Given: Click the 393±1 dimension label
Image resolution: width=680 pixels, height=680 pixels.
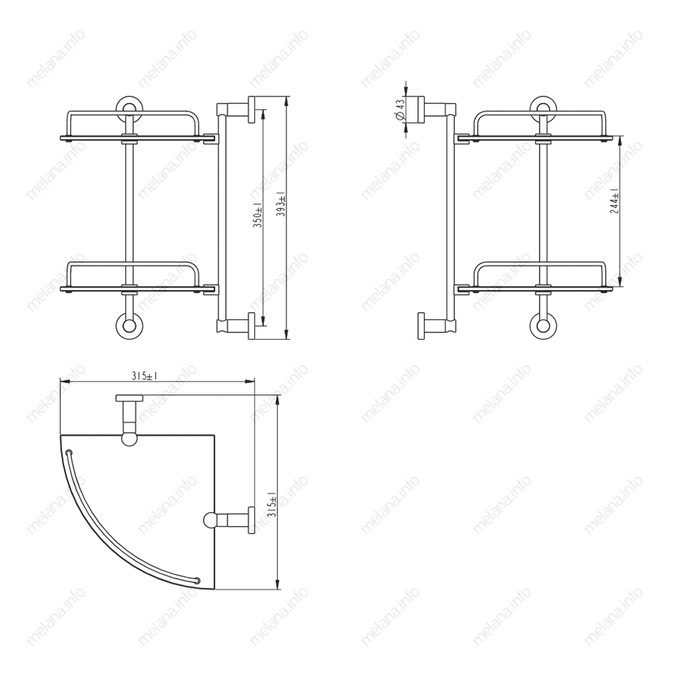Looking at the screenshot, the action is (281, 204).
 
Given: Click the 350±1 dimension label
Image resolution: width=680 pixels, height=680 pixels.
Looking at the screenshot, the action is (258, 215).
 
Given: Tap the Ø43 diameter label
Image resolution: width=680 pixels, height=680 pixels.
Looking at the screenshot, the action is (400, 109).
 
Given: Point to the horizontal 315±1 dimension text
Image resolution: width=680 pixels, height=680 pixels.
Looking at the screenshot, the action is (145, 376).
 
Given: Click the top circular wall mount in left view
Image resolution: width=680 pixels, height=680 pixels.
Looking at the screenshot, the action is (129, 106).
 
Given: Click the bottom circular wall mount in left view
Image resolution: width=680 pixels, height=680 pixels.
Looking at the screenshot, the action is (129, 326).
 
